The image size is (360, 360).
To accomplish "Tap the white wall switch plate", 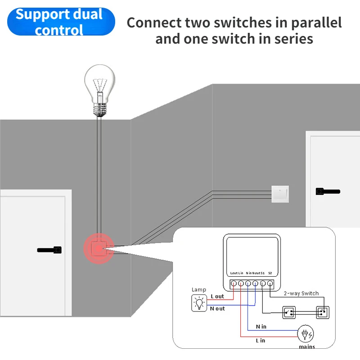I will click(280, 194).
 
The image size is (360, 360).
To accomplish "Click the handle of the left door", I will click(49, 249).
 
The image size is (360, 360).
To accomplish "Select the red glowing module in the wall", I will click(99, 248).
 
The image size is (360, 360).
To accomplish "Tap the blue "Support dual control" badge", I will click(61, 22).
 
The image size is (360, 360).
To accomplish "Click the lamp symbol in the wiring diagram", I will click(198, 304).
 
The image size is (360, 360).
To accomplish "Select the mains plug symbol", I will click(306, 335).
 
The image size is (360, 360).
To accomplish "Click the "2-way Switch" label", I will click(301, 293).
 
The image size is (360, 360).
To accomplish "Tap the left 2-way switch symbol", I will click(289, 311).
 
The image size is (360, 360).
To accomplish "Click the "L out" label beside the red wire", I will click(217, 296).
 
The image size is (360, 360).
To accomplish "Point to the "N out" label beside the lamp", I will click(217, 309).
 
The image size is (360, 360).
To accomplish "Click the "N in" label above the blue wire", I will click(261, 326).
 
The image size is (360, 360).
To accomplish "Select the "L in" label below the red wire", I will click(261, 341).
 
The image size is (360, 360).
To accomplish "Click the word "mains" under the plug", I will click(307, 347).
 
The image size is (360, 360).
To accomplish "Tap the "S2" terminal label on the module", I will click(270, 273).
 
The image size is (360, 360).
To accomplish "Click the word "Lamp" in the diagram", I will click(199, 290).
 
